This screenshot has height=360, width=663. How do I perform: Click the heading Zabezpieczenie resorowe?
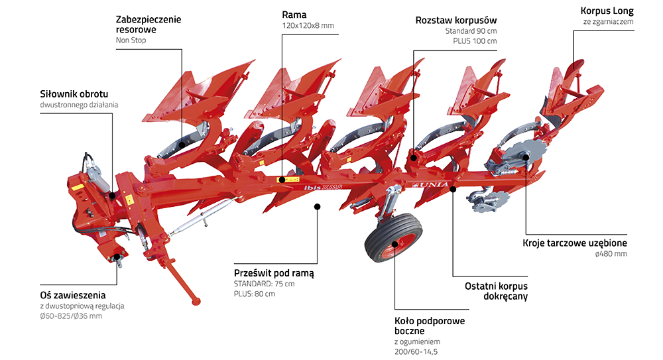click(x=148, y=25)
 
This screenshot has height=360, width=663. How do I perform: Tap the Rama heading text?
click(x=294, y=14)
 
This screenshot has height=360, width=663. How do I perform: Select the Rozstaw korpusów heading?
click(x=455, y=20)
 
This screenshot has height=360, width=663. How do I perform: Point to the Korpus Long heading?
click(x=607, y=11)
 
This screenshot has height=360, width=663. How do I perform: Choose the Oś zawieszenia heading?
click(x=72, y=294)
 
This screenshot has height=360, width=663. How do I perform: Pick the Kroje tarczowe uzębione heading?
click(x=574, y=243)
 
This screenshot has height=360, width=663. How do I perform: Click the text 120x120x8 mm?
click(x=308, y=26)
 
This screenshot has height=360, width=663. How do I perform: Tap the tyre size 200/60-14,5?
click(x=416, y=352)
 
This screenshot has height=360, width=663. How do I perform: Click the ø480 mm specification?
click(x=611, y=253)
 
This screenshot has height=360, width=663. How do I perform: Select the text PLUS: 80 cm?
click(x=254, y=294)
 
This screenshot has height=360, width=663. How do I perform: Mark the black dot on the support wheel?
click(x=394, y=244)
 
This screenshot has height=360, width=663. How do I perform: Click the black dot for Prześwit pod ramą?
click(x=317, y=207)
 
